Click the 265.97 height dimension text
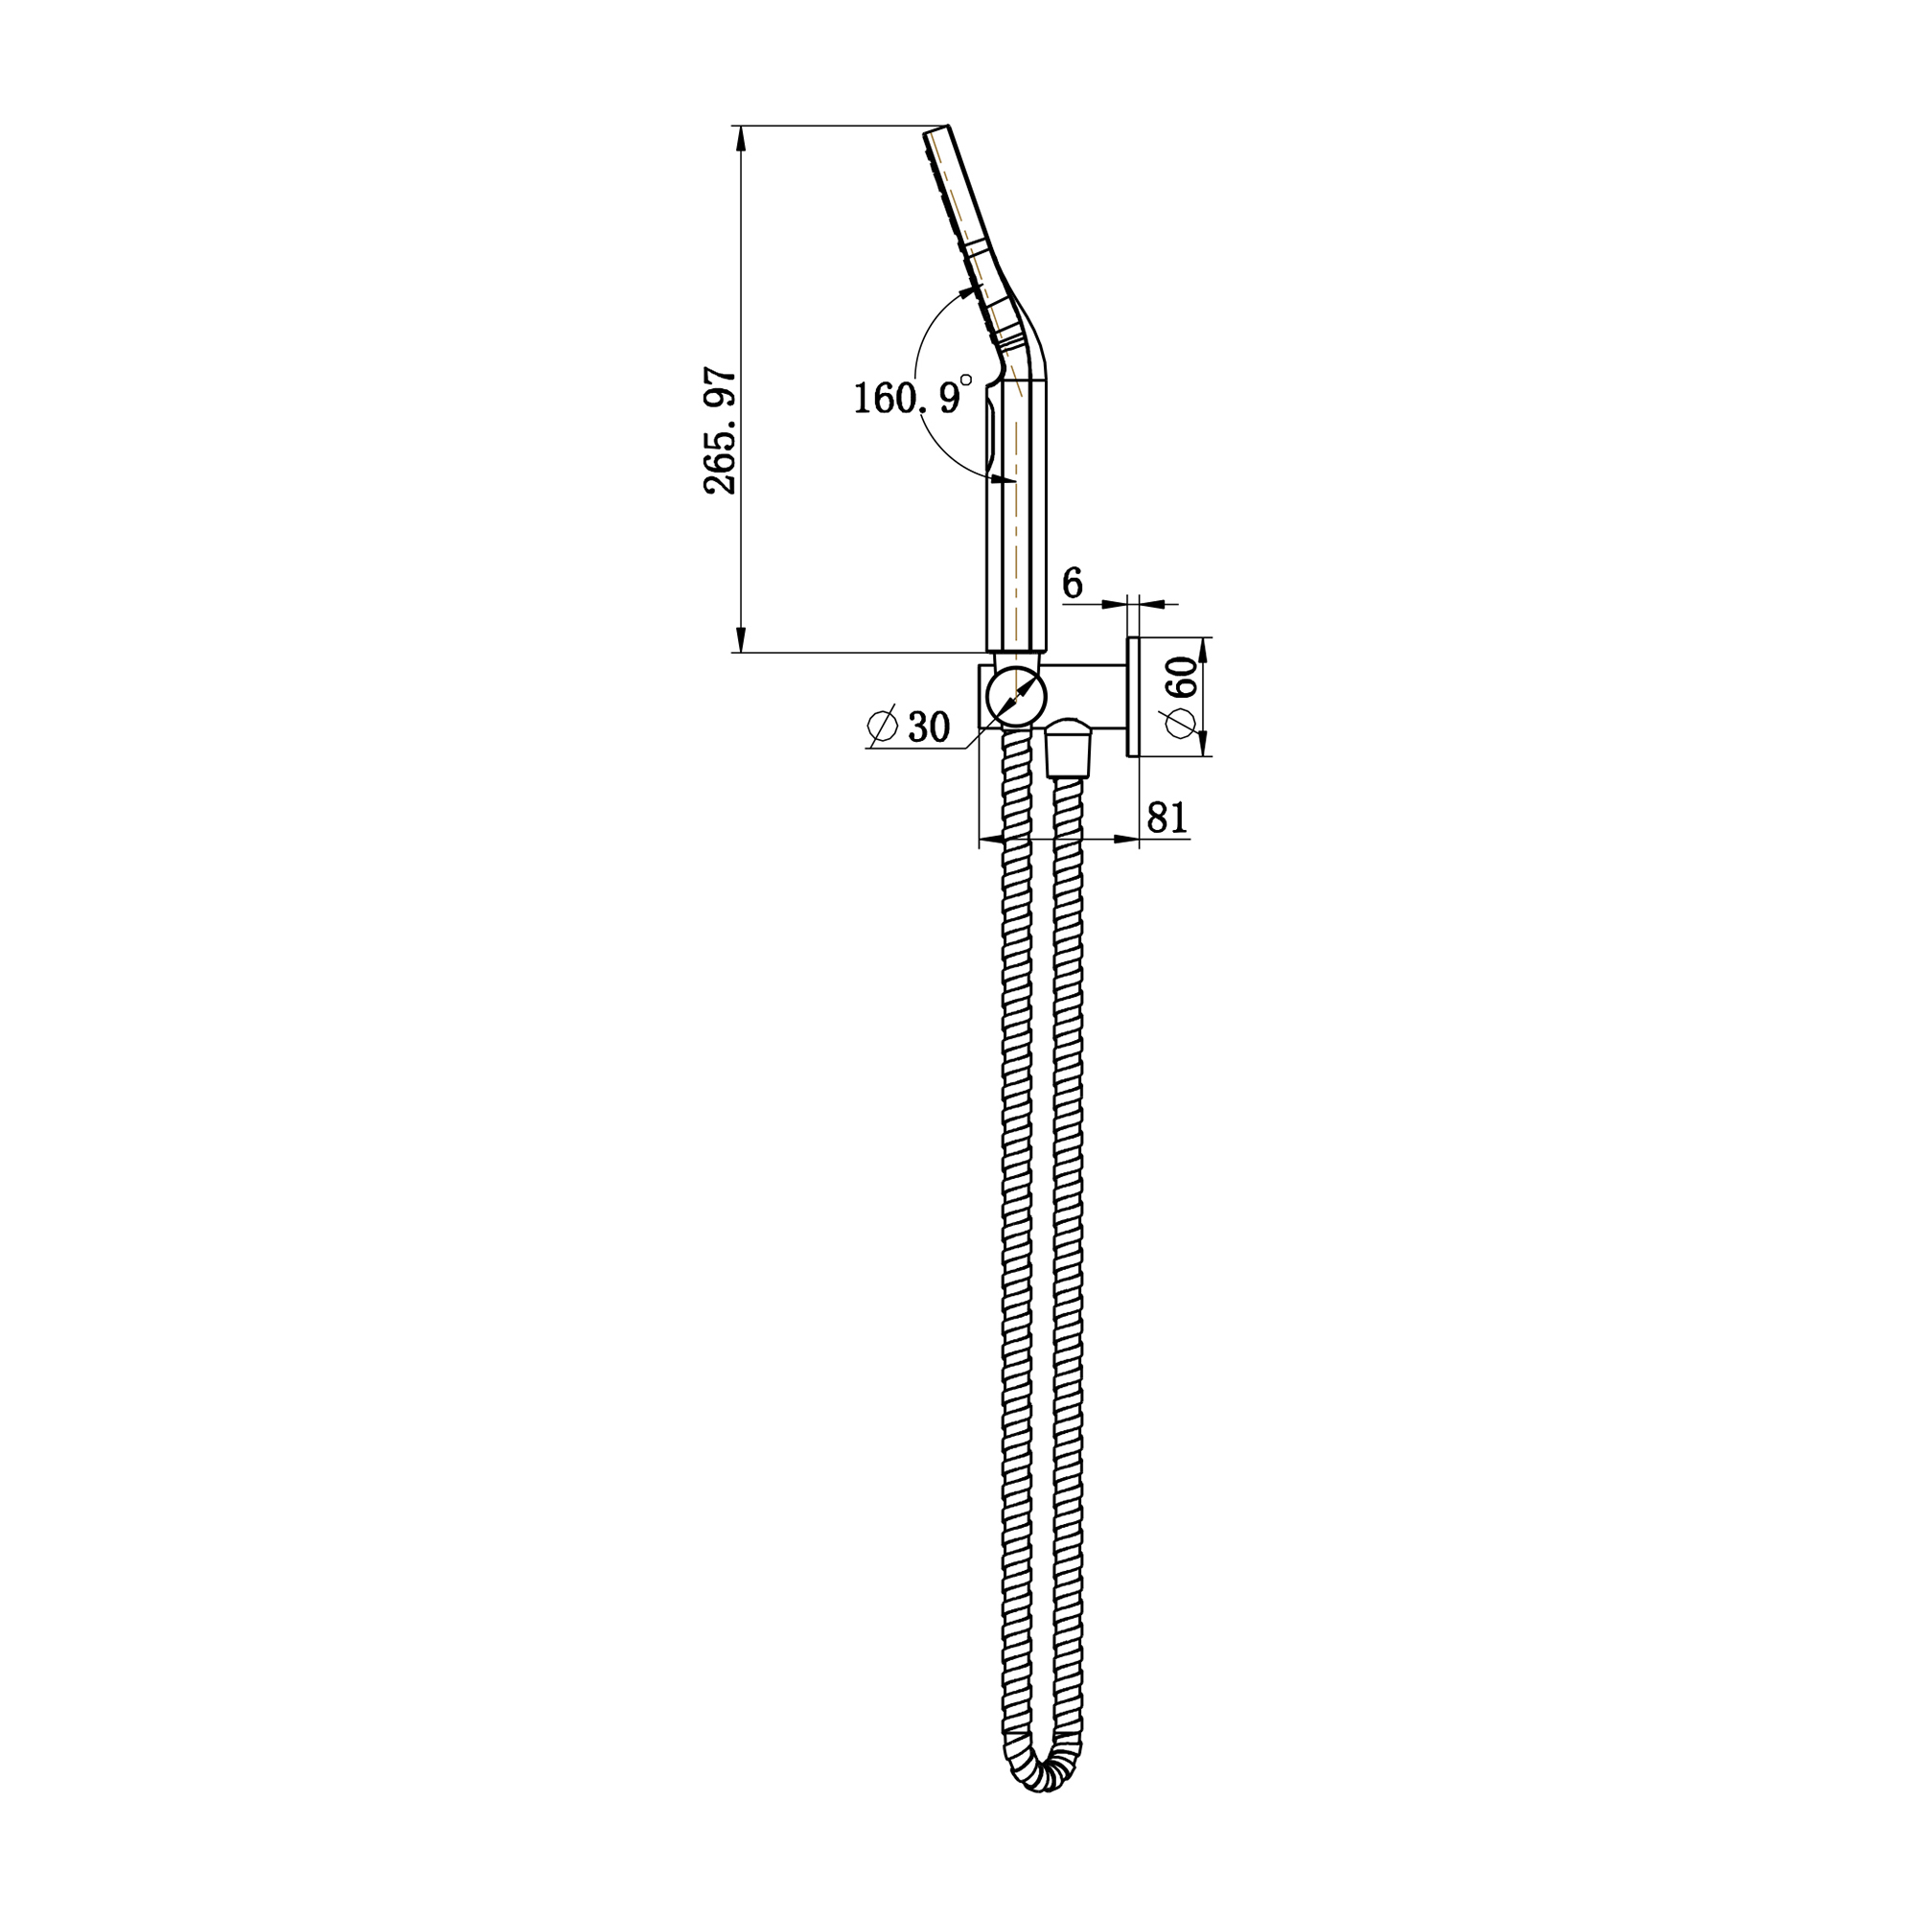click(x=722, y=430)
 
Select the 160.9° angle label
click(x=907, y=398)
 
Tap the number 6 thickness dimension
click(x=1073, y=584)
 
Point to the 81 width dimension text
click(x=1166, y=818)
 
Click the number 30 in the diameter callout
click(x=929, y=728)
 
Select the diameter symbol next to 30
click(x=881, y=726)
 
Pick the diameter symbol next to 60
click(x=1181, y=723)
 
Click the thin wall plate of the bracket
click(x=1132, y=697)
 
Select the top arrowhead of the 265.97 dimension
click(x=740, y=138)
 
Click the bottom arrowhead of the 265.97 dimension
click(x=740, y=640)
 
